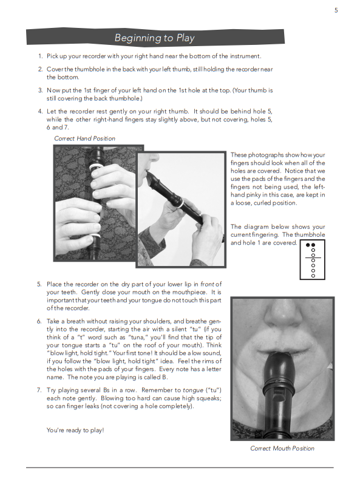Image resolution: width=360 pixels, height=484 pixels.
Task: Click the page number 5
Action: pyautogui.click(x=336, y=10)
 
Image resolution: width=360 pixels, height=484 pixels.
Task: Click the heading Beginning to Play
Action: pyautogui.click(x=155, y=38)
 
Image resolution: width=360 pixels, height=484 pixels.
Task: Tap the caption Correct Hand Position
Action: pyautogui.click(x=84, y=138)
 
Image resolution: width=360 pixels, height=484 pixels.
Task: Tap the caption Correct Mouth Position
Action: pyautogui.click(x=282, y=448)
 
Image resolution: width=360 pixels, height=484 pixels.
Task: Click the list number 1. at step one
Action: pyautogui.click(x=40, y=56)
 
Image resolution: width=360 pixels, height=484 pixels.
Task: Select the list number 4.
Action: pyautogui.click(x=40, y=111)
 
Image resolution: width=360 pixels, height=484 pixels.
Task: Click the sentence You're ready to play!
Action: pyautogui.click(x=75, y=430)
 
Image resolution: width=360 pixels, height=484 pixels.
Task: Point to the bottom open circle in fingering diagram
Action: pyautogui.click(x=313, y=276)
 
